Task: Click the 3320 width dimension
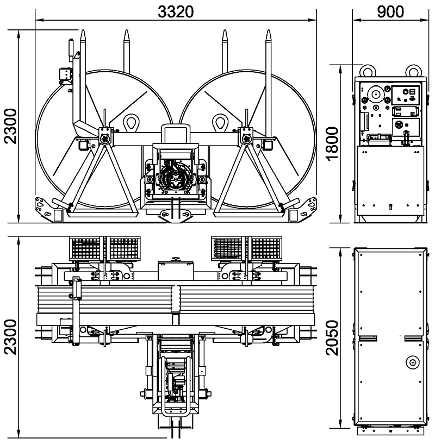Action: pyautogui.click(x=176, y=11)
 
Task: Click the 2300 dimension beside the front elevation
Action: pyautogui.click(x=10, y=126)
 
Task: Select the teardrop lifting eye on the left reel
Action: pyautogui.click(x=131, y=122)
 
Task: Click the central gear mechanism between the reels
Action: pyautogui.click(x=175, y=180)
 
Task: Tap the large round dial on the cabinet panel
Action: pyautogui.click(x=375, y=95)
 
